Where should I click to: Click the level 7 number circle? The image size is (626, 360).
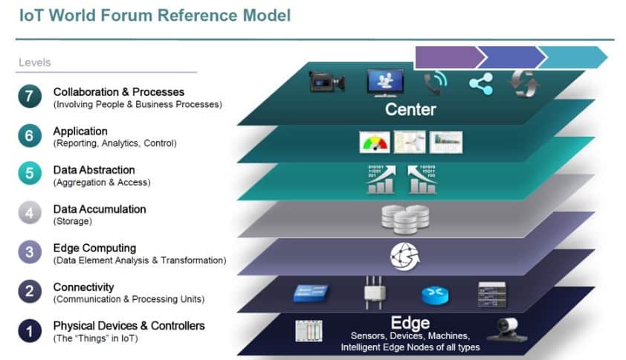pyautogui.click(x=30, y=97)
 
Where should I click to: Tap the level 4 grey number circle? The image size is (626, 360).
pyautogui.click(x=30, y=213)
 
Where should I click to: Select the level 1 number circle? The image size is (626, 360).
pyautogui.click(x=30, y=330)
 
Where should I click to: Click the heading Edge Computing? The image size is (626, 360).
pyautogui.click(x=94, y=248)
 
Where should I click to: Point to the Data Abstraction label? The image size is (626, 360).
pyautogui.click(x=94, y=170)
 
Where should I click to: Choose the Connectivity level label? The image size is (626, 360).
pyautogui.click(x=83, y=287)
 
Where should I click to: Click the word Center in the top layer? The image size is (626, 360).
pyautogui.click(x=410, y=110)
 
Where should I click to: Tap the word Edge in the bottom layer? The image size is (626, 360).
pyautogui.click(x=410, y=323)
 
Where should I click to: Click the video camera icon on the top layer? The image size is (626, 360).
pyautogui.click(x=327, y=82)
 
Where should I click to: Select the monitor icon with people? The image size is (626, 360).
pyautogui.click(x=385, y=82)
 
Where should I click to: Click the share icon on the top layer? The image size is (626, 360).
pyautogui.click(x=480, y=83)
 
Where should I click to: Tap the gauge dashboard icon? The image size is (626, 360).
pyautogui.click(x=374, y=142)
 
